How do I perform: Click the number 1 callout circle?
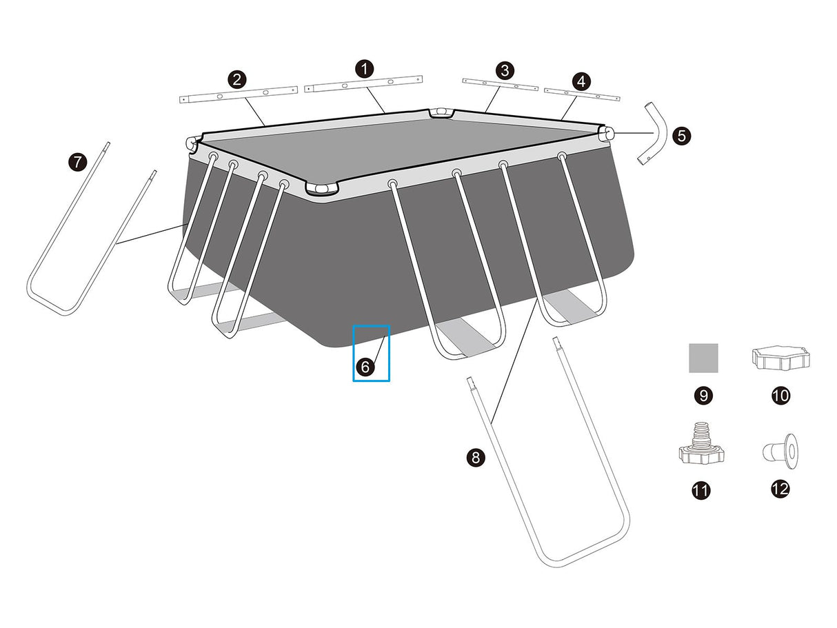click(x=365, y=69)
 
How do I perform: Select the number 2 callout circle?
click(x=236, y=79)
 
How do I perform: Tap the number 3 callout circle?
click(x=505, y=70)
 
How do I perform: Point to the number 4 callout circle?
click(x=581, y=81)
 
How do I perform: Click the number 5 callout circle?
click(x=681, y=136)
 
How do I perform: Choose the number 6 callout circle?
click(x=365, y=367)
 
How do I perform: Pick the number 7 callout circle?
click(x=78, y=162)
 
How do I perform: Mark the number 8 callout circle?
click(x=476, y=457)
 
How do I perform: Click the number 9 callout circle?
click(x=703, y=396)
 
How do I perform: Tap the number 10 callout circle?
click(x=780, y=396)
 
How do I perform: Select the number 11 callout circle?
click(x=701, y=490)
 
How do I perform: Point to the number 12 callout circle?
click(x=780, y=489)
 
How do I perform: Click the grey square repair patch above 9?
click(x=703, y=358)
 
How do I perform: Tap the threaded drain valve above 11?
click(x=702, y=443)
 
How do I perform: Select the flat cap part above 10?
click(x=781, y=358)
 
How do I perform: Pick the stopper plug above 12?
click(x=781, y=451)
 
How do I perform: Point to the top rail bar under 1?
click(x=363, y=84)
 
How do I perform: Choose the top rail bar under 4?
click(x=582, y=94)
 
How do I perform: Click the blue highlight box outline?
click(x=371, y=326)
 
